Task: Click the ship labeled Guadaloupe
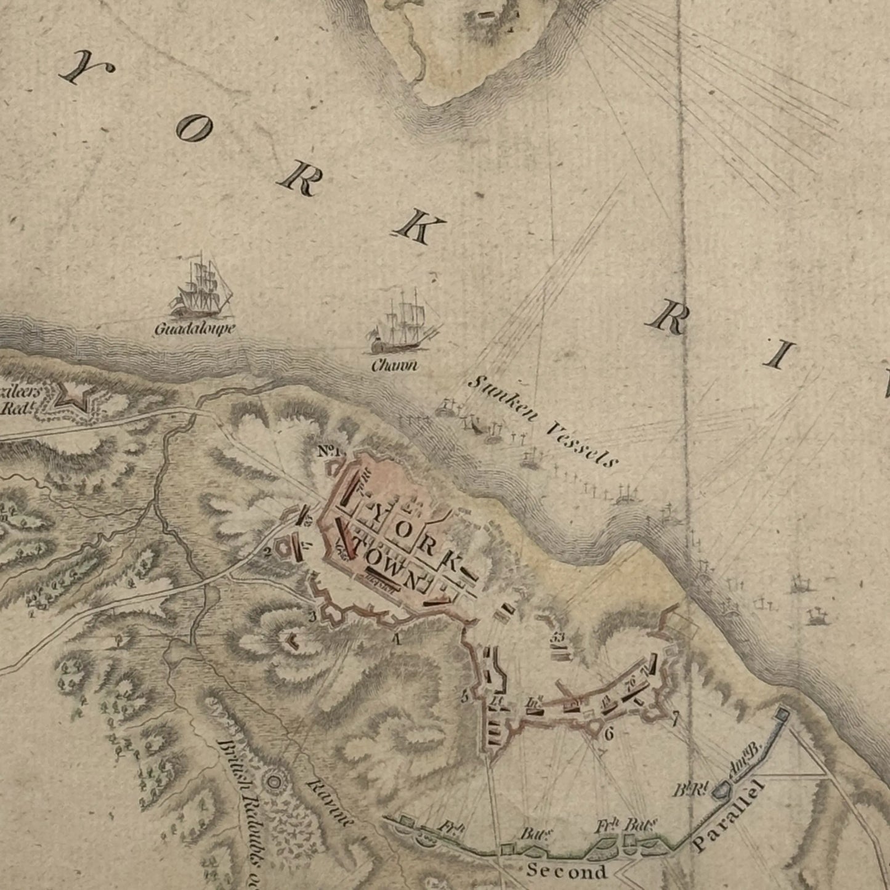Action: pos(200,288)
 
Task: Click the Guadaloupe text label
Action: pos(195,330)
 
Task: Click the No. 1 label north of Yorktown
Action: pos(329,451)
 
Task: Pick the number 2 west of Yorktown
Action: pos(268,551)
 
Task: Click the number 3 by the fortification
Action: pos(312,616)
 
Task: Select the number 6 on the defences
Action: pos(609,734)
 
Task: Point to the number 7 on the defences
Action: pos(675,717)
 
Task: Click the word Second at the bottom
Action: pos(566,872)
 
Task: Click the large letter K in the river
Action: pos(419,225)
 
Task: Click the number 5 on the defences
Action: pos(464,697)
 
